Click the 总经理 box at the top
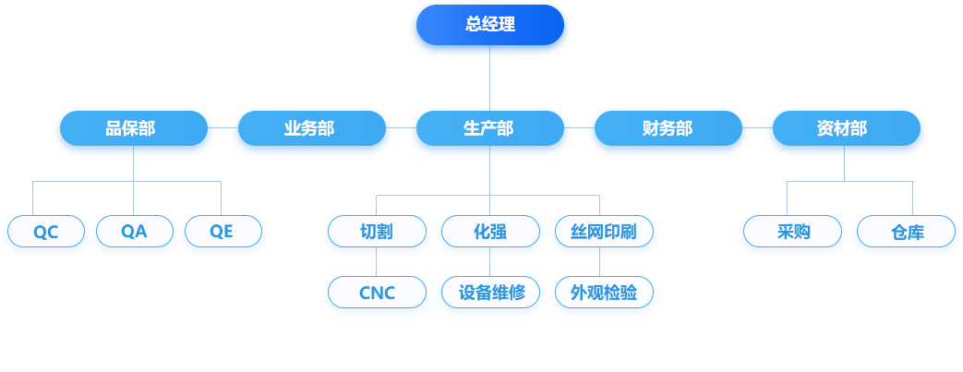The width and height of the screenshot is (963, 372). tap(490, 25)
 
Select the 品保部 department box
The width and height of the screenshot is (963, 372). tap(134, 128)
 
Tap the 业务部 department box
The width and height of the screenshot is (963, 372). tap(311, 128)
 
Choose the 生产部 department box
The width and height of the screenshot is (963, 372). tap(489, 128)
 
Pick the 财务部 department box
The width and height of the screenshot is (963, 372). tap(668, 128)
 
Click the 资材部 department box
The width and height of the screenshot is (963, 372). tap(846, 128)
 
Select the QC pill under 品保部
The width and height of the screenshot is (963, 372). tap(46, 232)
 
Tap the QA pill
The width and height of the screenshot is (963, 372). tap(135, 232)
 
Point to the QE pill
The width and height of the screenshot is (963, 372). tap(223, 232)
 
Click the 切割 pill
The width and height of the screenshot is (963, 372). tap(377, 232)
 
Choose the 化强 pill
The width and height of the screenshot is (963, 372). tap(490, 232)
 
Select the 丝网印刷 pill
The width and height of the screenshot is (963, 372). tap(604, 232)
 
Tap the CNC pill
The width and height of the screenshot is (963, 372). tap(377, 294)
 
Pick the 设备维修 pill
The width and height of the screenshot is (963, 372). tap(490, 294)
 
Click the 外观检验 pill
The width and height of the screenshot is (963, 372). tap(604, 294)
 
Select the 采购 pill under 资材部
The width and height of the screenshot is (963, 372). tap(792, 232)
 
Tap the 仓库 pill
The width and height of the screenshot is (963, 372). tap(906, 232)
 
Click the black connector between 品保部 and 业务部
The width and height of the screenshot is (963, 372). tap(223, 128)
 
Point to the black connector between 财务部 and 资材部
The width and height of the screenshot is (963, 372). tap(757, 128)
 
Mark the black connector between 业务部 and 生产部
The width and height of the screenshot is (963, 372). tap(401, 128)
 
